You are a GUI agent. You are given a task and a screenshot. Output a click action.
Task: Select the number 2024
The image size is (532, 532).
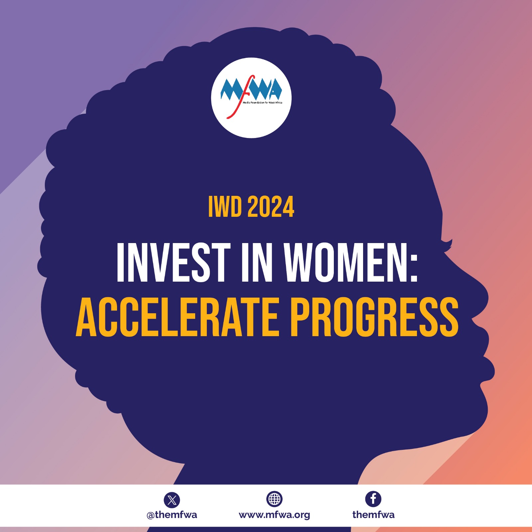(x=271, y=206)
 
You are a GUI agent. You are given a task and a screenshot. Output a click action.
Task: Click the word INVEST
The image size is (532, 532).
(x=174, y=262)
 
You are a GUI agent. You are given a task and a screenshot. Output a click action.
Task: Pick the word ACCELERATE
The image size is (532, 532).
(x=177, y=317)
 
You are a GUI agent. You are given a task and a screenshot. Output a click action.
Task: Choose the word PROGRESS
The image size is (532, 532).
(x=375, y=317)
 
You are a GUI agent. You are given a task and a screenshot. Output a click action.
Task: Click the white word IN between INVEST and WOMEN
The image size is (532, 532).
(x=257, y=262)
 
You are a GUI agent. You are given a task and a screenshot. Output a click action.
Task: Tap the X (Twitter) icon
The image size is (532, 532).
(x=172, y=500)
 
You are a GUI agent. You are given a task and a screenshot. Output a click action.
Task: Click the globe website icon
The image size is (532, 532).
(x=274, y=499)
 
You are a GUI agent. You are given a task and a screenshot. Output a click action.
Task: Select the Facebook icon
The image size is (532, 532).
(x=373, y=499)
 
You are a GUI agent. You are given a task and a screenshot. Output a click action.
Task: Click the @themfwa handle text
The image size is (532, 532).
(x=172, y=515)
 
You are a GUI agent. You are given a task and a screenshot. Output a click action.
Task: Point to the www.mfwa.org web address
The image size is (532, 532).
(x=274, y=515)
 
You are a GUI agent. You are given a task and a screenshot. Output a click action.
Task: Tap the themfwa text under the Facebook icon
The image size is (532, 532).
(x=373, y=515)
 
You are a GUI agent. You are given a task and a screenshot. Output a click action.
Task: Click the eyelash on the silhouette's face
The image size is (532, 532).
(x=448, y=245)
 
